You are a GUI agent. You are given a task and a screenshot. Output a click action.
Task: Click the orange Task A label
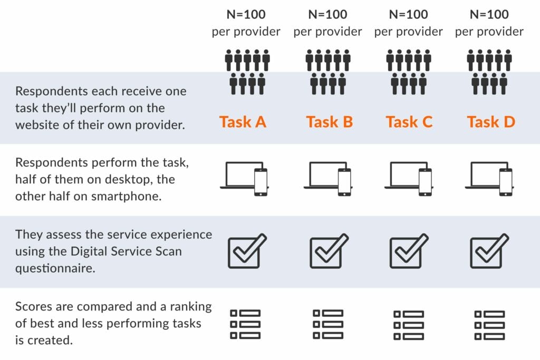click(x=243, y=122)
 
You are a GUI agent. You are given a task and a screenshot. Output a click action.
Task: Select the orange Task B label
click(x=329, y=122)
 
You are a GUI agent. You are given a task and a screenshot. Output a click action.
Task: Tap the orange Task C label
click(x=409, y=122)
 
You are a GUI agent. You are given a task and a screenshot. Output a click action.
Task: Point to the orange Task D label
click(x=490, y=122)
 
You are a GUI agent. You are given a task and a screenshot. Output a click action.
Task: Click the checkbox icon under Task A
click(x=247, y=251)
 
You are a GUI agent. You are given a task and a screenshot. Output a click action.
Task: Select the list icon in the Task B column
click(x=328, y=324)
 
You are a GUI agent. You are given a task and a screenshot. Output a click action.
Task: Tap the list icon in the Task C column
click(x=409, y=324)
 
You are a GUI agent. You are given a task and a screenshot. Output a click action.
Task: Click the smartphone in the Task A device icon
click(x=261, y=182)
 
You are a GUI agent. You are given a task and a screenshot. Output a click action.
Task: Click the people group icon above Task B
click(x=328, y=72)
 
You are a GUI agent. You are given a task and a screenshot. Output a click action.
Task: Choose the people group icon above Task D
click(x=489, y=72)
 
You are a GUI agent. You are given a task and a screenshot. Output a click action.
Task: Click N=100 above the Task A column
click(x=246, y=14)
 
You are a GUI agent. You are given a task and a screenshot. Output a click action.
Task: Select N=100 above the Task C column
click(x=409, y=14)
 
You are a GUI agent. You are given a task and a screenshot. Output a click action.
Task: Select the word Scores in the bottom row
click(x=34, y=307)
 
